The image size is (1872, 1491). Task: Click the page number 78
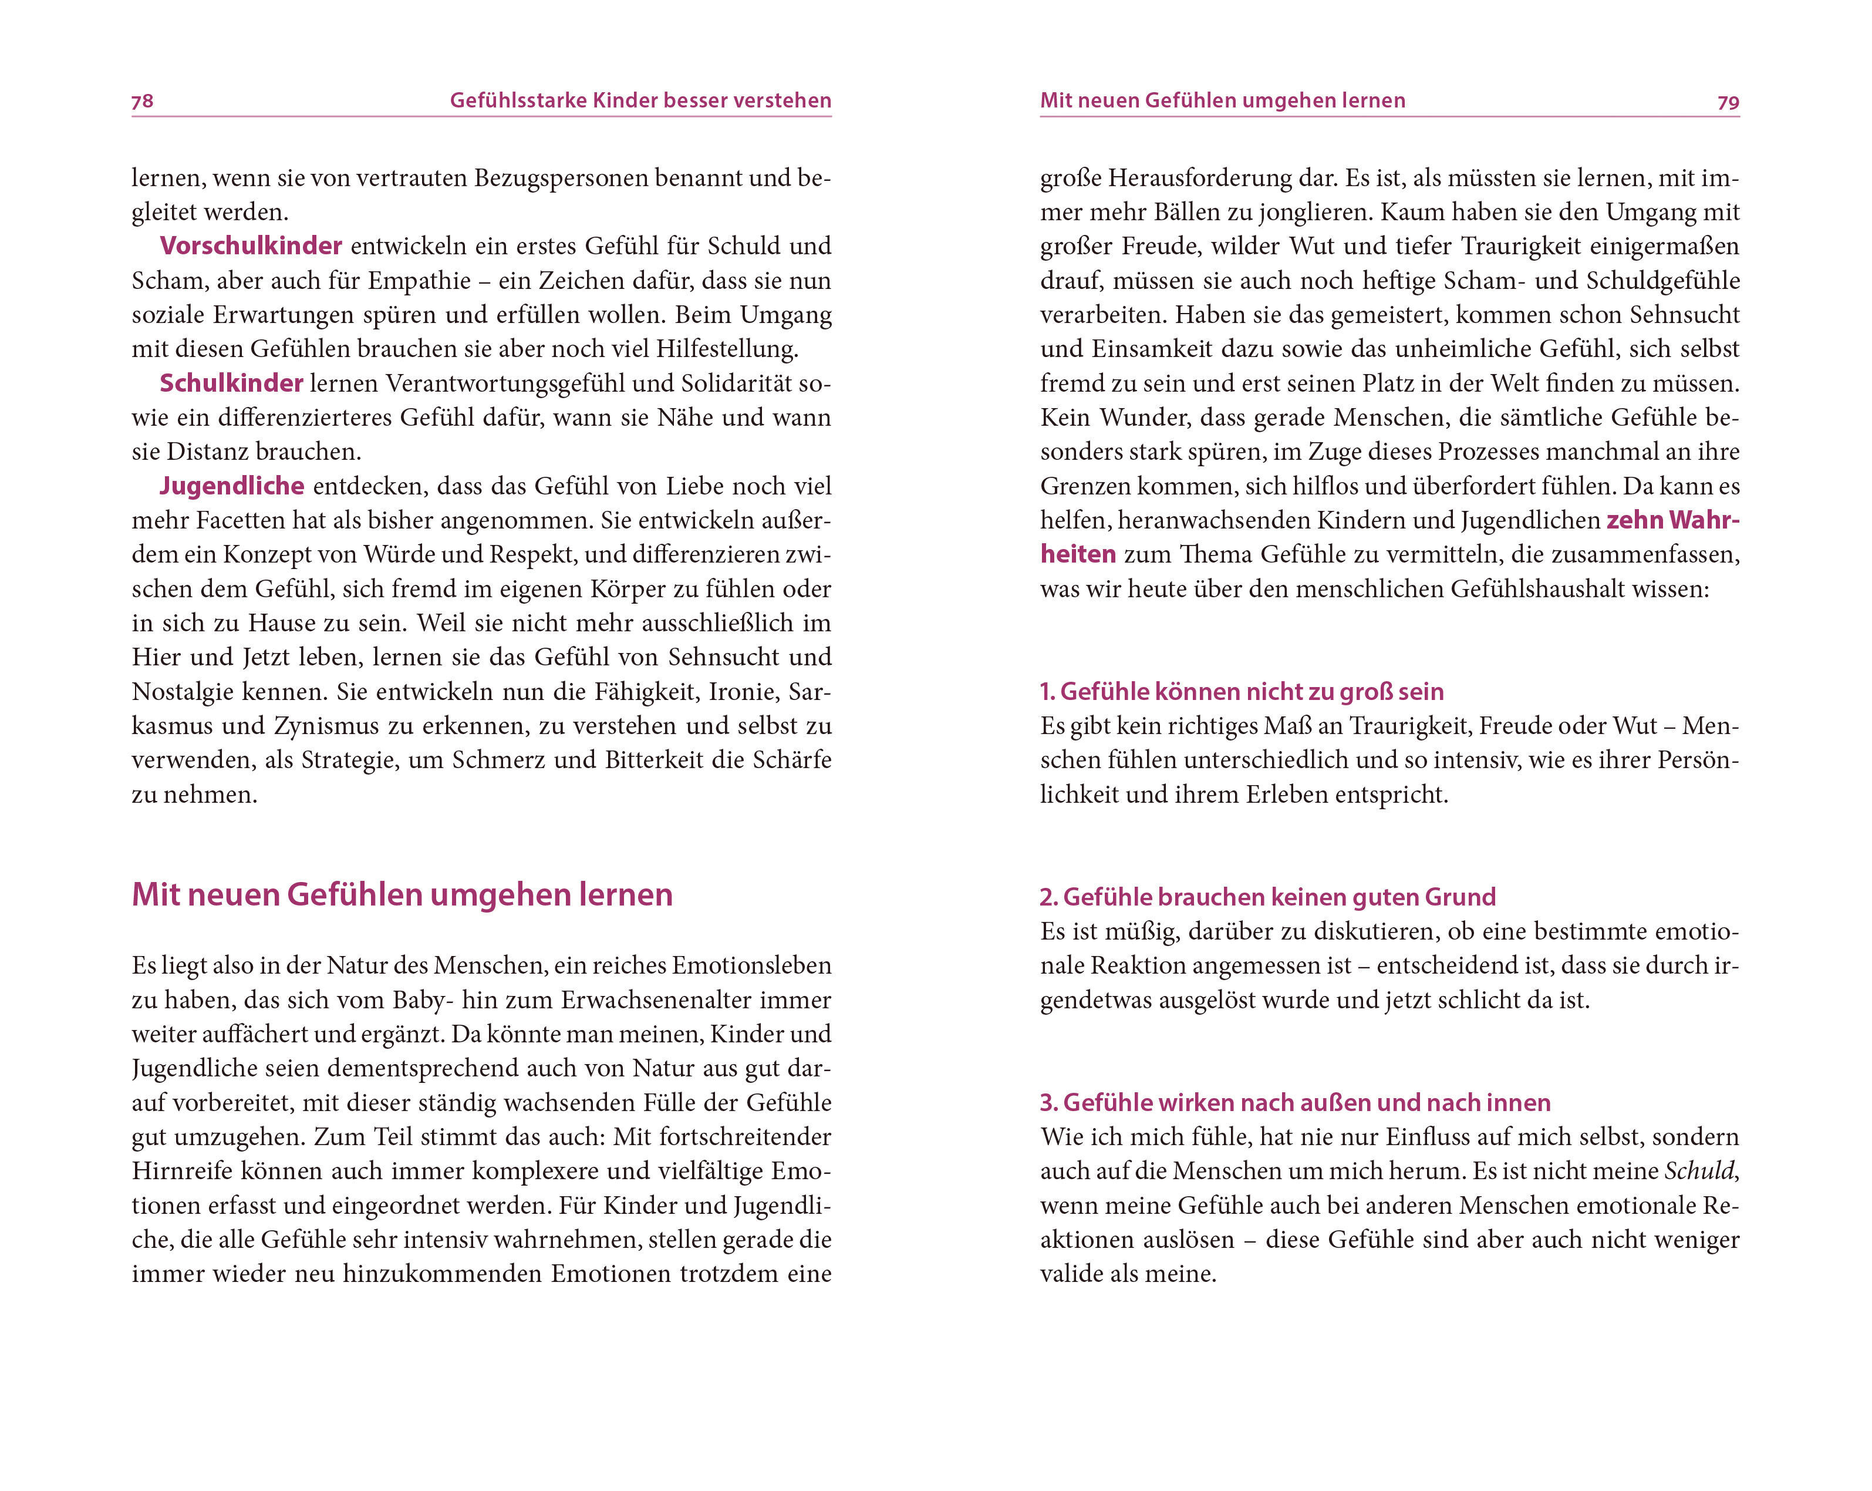tap(143, 102)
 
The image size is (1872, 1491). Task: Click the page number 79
tap(1728, 102)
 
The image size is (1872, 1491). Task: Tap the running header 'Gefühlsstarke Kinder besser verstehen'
tap(640, 101)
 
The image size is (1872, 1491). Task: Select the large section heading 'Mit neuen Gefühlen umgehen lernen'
tap(402, 894)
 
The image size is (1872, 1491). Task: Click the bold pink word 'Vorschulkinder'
tap(251, 245)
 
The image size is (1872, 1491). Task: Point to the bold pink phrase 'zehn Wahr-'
tap(1673, 520)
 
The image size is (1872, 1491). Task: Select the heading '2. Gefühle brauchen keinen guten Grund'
tap(1268, 897)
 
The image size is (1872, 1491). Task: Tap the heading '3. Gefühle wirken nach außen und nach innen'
tap(1294, 1103)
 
